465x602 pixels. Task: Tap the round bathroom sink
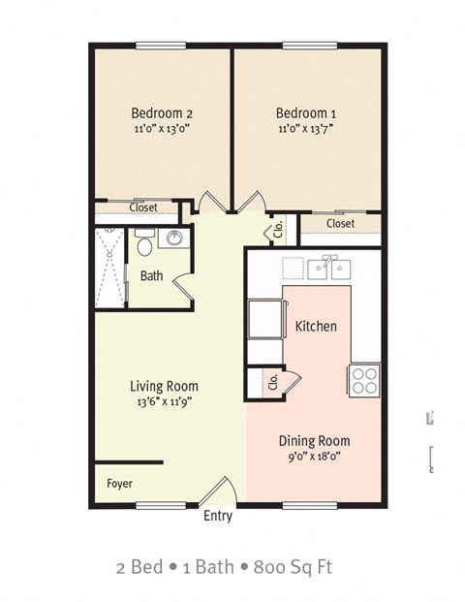tap(174, 239)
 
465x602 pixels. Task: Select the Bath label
tap(152, 276)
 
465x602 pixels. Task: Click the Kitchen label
tap(316, 326)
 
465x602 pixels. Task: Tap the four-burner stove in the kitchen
tap(364, 379)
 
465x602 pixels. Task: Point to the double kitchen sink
tap(328, 267)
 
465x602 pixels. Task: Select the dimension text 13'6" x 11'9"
tap(164, 402)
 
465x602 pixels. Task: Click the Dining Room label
tap(314, 439)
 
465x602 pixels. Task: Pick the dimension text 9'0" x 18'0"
tap(314, 455)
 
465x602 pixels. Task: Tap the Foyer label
tap(120, 483)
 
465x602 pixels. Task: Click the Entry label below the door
tap(218, 516)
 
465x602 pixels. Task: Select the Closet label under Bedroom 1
tap(340, 224)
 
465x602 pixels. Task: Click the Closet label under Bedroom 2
tap(143, 206)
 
